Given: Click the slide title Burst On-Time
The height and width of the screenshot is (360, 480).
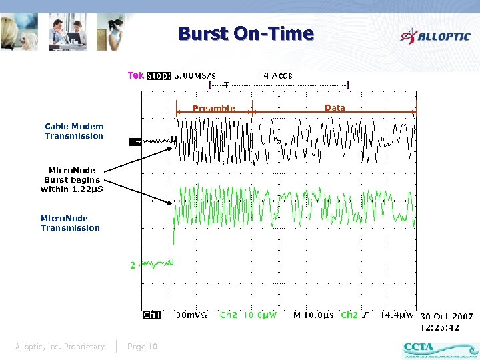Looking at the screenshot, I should coord(245,33).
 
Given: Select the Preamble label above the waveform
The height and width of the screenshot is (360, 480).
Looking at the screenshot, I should coord(213,109).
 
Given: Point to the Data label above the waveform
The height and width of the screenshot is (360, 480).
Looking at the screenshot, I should coord(335,107).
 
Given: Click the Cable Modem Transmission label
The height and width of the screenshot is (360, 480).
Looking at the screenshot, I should coord(74,131).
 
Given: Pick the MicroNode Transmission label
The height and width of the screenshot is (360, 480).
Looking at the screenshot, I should coord(70,223).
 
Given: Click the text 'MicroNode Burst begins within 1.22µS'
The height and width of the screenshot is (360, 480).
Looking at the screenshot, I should coord(72,179).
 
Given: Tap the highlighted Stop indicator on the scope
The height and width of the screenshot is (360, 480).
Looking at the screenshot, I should coord(159,76).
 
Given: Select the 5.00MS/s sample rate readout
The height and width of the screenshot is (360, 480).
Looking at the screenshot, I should coord(195,76).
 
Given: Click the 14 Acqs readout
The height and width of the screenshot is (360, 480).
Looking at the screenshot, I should coord(275,76).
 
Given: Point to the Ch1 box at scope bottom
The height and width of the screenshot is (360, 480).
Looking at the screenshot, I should coord(152,315).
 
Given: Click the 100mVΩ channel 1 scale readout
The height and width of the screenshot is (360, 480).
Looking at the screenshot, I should coord(191,315).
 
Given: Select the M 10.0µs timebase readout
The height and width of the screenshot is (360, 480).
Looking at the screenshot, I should coord(315,315).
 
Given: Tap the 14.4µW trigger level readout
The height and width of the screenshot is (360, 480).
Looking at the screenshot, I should coord(397,315).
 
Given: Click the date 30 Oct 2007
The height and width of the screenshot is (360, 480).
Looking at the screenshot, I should coord(446,316).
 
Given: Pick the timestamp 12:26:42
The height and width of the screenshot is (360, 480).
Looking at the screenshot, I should coord(439,327).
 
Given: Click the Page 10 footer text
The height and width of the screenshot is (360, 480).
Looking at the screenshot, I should coord(142,346).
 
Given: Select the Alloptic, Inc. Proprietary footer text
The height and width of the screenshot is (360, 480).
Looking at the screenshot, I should coord(60,346).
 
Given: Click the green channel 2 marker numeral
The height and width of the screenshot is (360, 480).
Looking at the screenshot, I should coord(133,265).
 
